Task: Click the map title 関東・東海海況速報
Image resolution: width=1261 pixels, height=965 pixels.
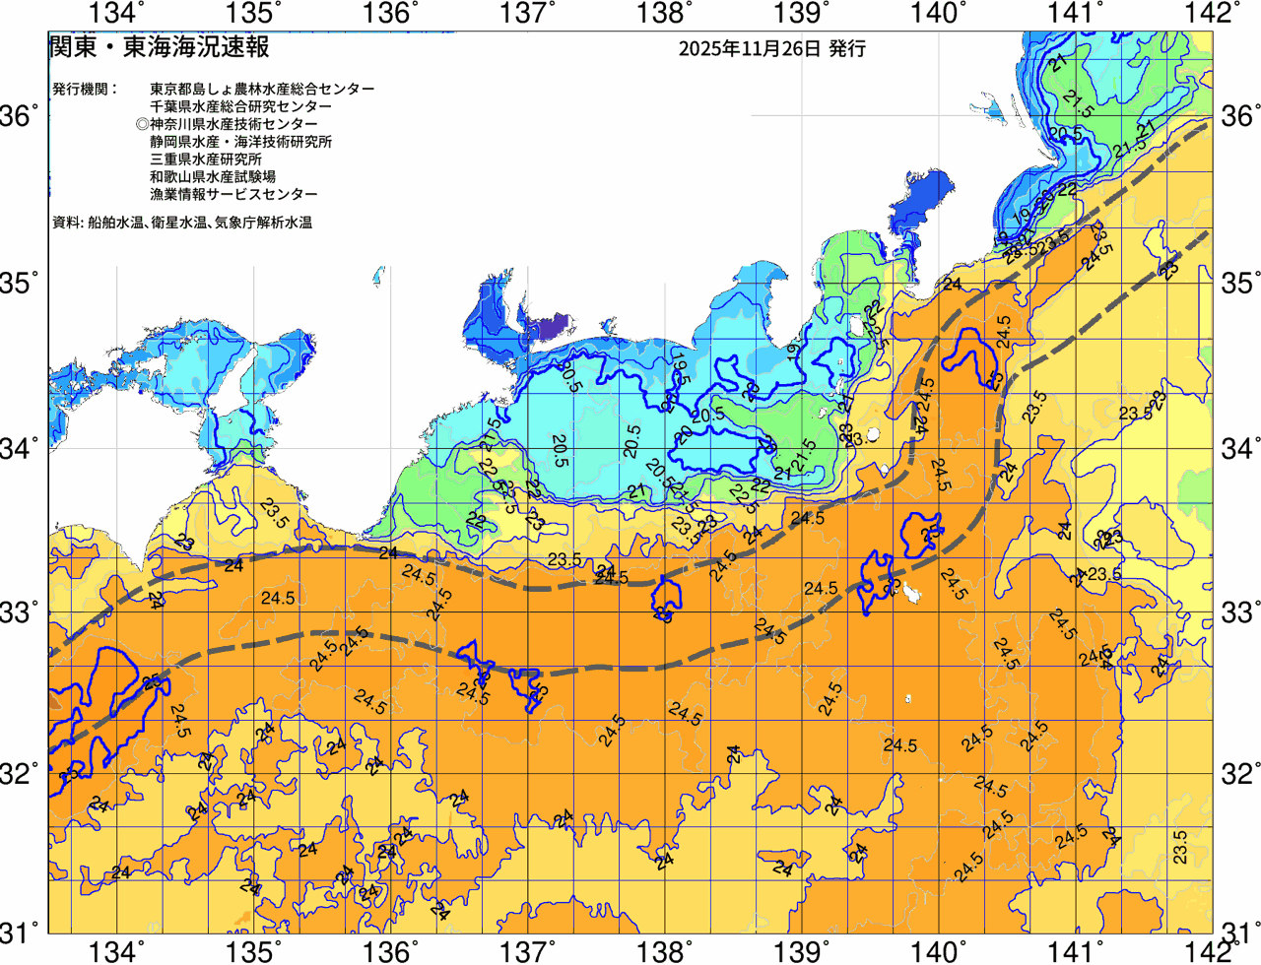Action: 159,46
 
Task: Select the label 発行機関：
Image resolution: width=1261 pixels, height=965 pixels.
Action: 85,89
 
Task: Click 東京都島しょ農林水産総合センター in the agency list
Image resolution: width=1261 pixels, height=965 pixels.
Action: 262,89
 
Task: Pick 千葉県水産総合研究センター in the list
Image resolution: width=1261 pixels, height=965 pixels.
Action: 240,106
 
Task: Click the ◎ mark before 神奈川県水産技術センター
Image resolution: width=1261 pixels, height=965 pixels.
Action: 142,124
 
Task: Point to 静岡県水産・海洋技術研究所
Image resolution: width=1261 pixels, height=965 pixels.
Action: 240,142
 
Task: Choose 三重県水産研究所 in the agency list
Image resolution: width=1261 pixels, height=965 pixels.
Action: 206,160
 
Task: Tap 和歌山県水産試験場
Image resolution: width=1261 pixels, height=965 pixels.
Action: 213,177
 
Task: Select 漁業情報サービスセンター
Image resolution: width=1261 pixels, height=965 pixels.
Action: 233,195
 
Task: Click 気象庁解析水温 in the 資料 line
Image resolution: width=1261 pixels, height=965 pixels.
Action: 263,224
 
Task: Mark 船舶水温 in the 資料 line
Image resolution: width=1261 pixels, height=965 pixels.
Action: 114,224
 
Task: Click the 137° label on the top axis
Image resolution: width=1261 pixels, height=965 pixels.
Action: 526,14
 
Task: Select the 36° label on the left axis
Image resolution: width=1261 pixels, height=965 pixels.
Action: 20,117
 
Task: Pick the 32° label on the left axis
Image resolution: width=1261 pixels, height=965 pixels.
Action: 20,772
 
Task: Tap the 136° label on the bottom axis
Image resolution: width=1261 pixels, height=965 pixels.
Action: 390,951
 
